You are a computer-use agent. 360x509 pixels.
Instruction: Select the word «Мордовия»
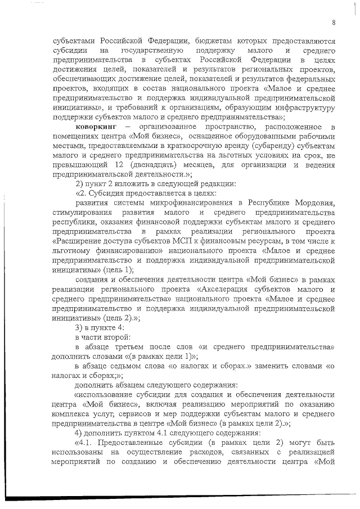(314, 202)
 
